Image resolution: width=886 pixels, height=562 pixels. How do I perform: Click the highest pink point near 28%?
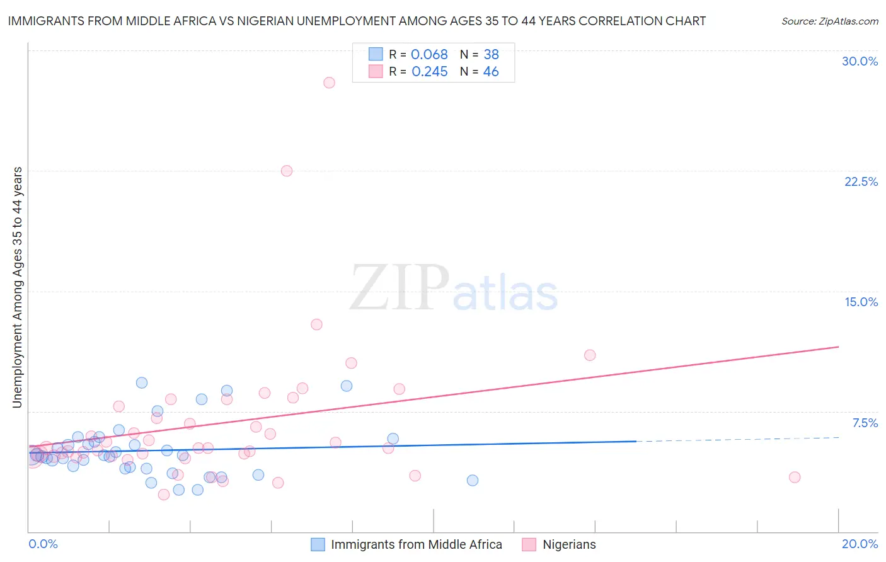pyautogui.click(x=329, y=83)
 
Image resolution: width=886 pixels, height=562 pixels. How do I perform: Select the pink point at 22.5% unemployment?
pyautogui.click(x=287, y=171)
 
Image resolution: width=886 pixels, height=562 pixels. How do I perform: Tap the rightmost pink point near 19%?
pyautogui.click(x=795, y=477)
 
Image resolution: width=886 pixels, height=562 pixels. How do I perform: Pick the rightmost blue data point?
pyautogui.click(x=473, y=480)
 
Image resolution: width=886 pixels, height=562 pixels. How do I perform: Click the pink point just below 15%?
pyautogui.click(x=316, y=324)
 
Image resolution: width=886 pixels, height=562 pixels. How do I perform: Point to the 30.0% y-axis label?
pyautogui.click(x=860, y=61)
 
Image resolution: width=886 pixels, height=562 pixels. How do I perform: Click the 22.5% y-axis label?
pyautogui.click(x=861, y=181)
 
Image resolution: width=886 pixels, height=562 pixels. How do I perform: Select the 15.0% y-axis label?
pyautogui.click(x=861, y=302)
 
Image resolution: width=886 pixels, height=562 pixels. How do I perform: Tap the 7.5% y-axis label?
pyautogui.click(x=865, y=423)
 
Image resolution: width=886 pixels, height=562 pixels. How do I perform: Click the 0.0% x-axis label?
pyautogui.click(x=43, y=544)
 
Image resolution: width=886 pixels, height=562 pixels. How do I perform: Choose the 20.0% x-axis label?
pyautogui.click(x=860, y=544)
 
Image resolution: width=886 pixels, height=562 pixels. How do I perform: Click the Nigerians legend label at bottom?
pyautogui.click(x=569, y=544)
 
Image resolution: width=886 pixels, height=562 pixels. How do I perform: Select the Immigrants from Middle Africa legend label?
pyautogui.click(x=417, y=544)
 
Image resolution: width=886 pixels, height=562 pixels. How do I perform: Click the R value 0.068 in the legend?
pyautogui.click(x=429, y=55)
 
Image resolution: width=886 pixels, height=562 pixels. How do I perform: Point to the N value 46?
pyautogui.click(x=491, y=72)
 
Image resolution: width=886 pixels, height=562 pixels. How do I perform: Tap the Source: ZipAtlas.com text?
pyautogui.click(x=829, y=21)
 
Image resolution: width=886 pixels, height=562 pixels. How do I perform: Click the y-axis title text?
pyautogui.click(x=18, y=287)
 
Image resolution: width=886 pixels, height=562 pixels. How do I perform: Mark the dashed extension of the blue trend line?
pyautogui.click(x=737, y=439)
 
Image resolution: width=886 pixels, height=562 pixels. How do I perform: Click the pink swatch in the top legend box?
pyautogui.click(x=376, y=71)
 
